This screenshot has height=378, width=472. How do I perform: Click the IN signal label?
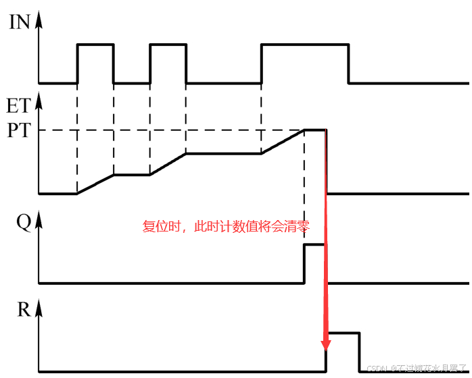tap(19, 22)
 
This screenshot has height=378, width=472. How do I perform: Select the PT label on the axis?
tap(18, 130)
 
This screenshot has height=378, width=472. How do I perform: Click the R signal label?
tap(23, 310)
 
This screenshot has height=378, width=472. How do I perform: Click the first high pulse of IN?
tap(95, 45)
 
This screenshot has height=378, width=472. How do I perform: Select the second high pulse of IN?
tap(168, 45)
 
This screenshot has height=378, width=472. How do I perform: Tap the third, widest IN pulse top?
tap(304, 45)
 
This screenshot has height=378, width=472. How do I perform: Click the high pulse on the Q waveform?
tap(315, 245)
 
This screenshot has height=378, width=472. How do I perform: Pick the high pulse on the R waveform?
tap(342, 333)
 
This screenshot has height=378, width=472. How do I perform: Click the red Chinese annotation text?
tap(227, 227)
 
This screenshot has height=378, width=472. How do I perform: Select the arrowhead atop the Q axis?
tap(39, 217)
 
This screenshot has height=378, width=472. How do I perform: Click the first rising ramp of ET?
tap(95, 184)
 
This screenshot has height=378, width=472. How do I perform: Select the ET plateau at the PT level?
tap(315, 130)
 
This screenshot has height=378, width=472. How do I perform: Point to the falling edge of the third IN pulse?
tap(349, 64)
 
